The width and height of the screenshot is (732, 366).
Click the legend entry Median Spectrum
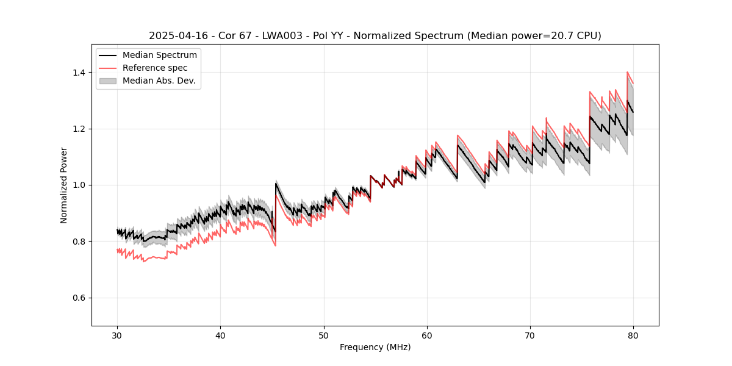159,56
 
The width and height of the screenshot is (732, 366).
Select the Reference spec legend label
155,68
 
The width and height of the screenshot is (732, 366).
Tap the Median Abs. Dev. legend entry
159,81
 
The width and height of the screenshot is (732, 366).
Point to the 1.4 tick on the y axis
79,73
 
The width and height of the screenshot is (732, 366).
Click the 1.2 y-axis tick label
79,129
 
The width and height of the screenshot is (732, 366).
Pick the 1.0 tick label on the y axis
79,185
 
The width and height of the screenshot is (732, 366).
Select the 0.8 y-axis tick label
79,242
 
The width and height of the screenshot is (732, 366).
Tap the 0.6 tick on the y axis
79,298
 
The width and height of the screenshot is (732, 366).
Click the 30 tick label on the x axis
117,335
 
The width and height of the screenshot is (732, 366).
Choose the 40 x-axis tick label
220,335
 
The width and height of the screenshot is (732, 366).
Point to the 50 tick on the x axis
323,335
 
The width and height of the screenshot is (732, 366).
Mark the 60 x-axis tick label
427,335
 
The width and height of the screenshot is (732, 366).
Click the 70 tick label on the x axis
530,335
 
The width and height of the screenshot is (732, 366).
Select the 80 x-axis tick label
633,335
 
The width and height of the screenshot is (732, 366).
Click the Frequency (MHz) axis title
375,347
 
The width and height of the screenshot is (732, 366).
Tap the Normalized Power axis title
64,185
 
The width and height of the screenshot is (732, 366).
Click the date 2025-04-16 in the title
175,36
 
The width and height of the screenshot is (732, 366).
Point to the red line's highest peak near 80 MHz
628,72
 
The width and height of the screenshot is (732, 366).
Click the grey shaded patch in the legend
110,81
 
